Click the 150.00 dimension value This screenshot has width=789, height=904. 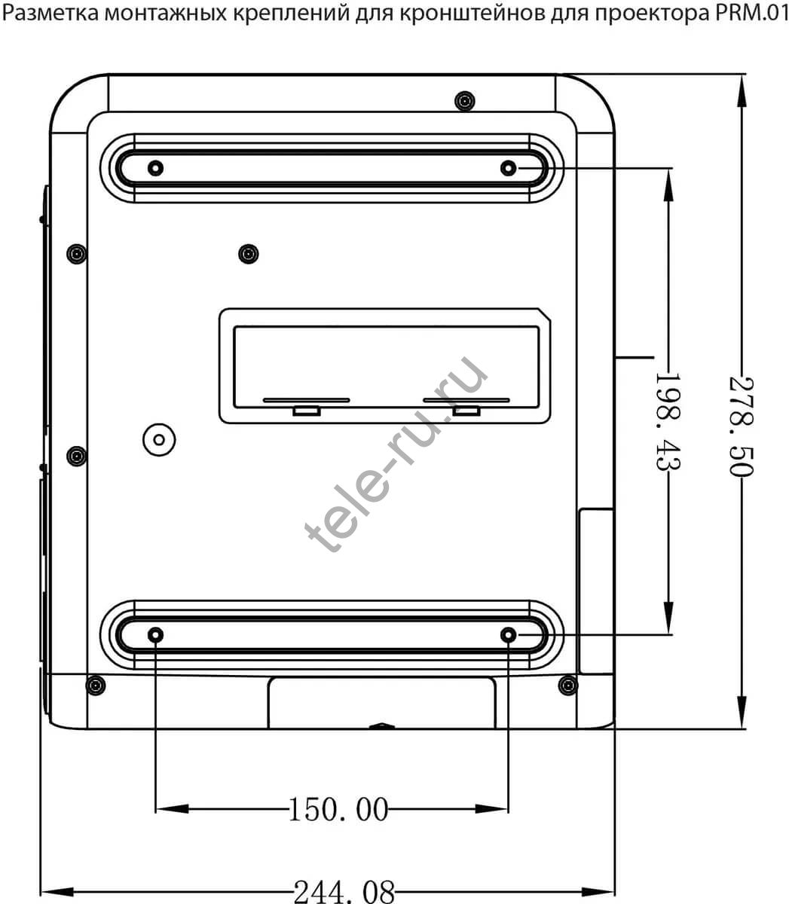(x=338, y=809)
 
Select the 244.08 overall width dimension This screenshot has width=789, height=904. (x=344, y=892)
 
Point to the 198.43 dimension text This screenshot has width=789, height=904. (x=668, y=422)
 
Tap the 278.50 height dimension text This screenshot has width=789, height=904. (x=742, y=426)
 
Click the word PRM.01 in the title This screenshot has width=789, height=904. (x=751, y=12)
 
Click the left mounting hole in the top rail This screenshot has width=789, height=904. (x=155, y=168)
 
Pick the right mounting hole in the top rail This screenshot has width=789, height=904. (x=509, y=168)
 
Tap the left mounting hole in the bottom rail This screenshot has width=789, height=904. (x=155, y=635)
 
